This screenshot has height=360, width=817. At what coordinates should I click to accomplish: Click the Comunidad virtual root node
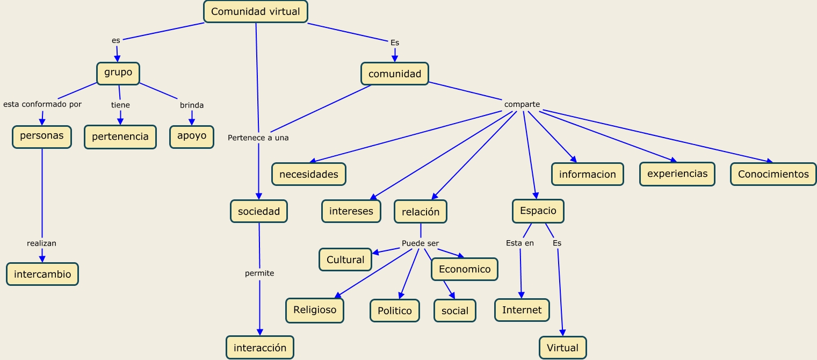pyautogui.click(x=256, y=11)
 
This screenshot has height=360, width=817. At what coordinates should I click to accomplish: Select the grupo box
pyautogui.click(x=118, y=73)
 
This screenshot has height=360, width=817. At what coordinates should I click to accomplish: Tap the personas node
pyautogui.click(x=42, y=136)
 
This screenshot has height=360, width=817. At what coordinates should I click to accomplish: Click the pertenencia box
pyautogui.click(x=120, y=136)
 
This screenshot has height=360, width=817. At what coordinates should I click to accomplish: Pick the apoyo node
pyautogui.click(x=192, y=136)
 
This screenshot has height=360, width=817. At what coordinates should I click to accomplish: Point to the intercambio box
pyautogui.click(x=42, y=274)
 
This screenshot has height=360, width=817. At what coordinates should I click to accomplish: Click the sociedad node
pyautogui.click(x=259, y=211)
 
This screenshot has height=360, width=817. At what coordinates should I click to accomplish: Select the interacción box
pyautogui.click(x=260, y=348)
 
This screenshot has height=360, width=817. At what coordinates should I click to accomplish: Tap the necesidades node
pyautogui.click(x=309, y=174)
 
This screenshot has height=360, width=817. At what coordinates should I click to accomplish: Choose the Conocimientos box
pyautogui.click(x=773, y=174)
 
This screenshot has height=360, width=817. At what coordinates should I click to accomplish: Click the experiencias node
pyautogui.click(x=677, y=174)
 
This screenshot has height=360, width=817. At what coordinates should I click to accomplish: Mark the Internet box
pyautogui.click(x=522, y=310)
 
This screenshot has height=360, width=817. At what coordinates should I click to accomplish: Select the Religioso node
pyautogui.click(x=315, y=309)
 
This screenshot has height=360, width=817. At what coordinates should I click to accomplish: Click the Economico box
pyautogui.click(x=465, y=269)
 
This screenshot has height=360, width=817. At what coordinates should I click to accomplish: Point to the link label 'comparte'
pyautogui.click(x=522, y=104)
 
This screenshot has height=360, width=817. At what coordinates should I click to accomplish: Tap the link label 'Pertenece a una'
pyautogui.click(x=258, y=138)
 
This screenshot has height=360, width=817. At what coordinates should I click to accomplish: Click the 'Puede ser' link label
pyautogui.click(x=420, y=243)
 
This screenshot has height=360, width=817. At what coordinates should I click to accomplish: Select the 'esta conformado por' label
pyautogui.click(x=42, y=104)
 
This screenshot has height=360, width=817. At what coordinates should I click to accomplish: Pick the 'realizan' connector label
pyautogui.click(x=41, y=243)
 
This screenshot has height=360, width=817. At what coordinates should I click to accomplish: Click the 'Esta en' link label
pyautogui.click(x=520, y=243)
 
